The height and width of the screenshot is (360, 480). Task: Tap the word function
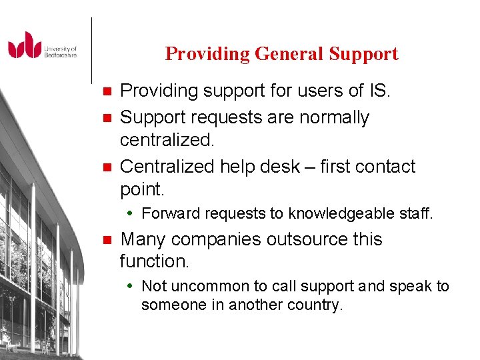[x=154, y=261]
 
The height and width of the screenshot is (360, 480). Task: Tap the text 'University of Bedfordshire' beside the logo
[x=61, y=52]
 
